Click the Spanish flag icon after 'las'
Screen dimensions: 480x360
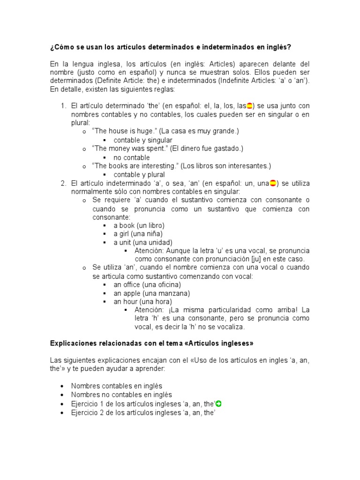pos(250,105)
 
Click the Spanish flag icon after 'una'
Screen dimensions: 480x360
pos(273,183)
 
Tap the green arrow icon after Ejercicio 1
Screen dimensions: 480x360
pos(219,404)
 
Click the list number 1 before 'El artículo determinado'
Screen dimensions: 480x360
pos(63,105)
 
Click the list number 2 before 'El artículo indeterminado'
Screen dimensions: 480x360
pos(63,183)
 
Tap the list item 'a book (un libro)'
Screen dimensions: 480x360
pos(139,225)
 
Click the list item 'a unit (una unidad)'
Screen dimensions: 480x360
pos(143,242)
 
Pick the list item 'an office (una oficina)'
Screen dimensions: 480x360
pos(147,285)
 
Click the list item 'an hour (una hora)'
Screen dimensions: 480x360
pos(142,302)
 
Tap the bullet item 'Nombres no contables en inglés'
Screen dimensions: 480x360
pos(121,395)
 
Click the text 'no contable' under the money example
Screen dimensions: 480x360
pos(131,157)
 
